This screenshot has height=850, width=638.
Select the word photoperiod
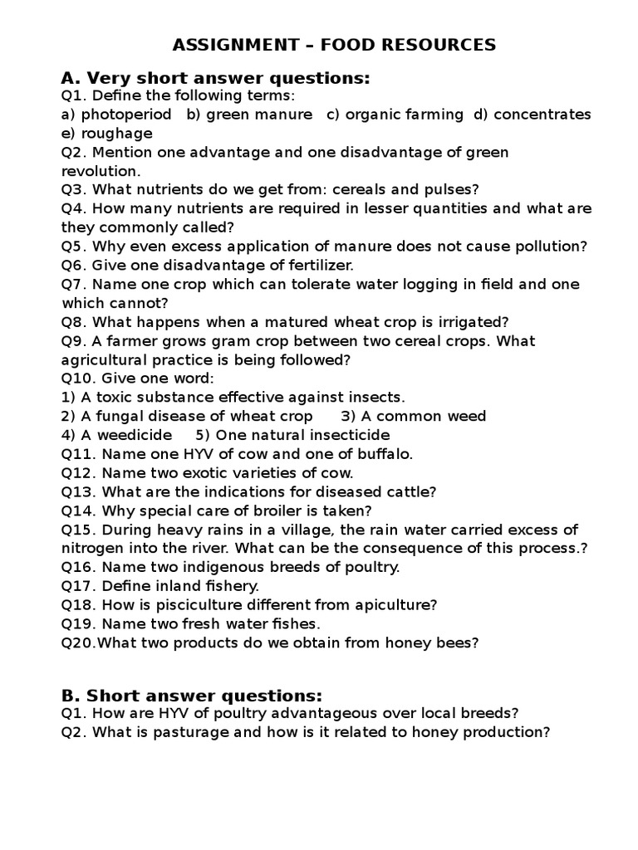(126, 115)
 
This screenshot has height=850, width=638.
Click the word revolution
(99, 171)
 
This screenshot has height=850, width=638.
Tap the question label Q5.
(72, 247)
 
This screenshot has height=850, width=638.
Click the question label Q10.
(76, 379)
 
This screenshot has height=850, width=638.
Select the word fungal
(114, 417)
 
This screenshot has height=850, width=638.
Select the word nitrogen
(92, 549)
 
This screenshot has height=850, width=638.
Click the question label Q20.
(76, 642)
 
